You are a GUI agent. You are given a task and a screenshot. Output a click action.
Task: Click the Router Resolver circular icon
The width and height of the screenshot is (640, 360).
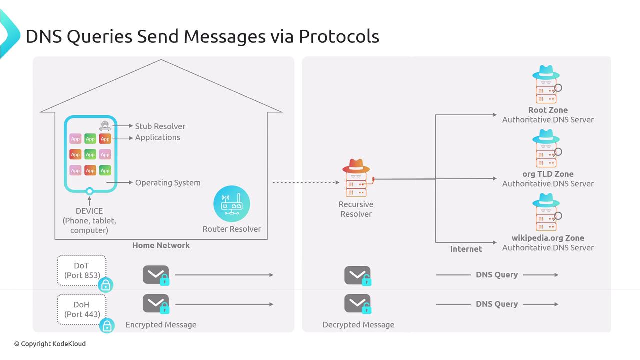231,203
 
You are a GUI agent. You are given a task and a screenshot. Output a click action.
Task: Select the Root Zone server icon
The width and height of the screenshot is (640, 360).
546,85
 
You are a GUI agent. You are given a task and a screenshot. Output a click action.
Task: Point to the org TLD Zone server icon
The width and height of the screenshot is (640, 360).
546,149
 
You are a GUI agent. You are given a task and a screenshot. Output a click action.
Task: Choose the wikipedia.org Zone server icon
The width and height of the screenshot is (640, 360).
546,213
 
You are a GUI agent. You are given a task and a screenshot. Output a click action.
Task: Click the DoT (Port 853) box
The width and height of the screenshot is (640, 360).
81,270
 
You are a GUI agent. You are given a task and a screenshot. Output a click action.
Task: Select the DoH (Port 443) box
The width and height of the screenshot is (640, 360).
81,309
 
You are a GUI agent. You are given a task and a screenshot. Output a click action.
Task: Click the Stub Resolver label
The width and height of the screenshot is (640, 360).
160,126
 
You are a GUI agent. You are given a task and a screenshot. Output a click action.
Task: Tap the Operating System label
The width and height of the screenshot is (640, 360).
168,183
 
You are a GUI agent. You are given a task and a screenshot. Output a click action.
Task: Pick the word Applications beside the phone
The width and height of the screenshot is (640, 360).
157,137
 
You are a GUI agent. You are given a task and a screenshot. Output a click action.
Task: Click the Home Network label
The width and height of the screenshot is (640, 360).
161,245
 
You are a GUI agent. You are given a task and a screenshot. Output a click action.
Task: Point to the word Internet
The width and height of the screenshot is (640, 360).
466,249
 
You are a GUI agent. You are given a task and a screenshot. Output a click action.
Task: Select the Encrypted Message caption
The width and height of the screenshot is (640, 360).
161,325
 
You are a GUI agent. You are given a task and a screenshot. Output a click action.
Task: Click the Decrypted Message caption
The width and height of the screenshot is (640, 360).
358,325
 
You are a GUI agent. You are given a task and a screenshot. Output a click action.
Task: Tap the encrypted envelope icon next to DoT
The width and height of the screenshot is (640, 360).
156,275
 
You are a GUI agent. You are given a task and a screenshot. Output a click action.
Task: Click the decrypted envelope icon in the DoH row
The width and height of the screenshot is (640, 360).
358,304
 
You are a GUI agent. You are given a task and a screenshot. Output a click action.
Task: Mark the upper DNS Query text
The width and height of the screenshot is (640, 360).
496,275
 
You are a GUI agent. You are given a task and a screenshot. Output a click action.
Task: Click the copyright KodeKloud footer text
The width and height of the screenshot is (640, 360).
50,344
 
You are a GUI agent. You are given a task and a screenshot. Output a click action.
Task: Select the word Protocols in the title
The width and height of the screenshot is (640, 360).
339,36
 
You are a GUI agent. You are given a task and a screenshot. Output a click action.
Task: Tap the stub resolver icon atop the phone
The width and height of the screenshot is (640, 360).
105,126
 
